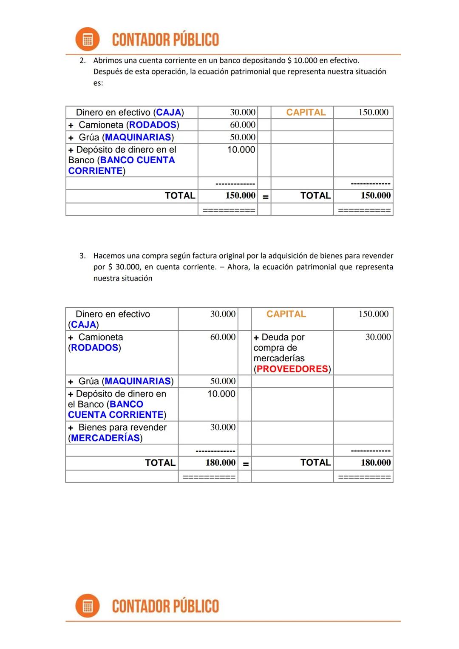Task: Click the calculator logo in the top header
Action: pyautogui.click(x=88, y=40)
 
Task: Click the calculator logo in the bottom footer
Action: pyautogui.click(x=88, y=606)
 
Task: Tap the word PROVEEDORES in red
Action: pyautogui.click(x=292, y=369)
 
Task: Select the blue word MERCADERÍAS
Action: pyautogui.click(x=105, y=438)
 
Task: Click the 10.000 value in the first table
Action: pyautogui.click(x=241, y=150)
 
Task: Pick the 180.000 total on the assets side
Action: pyautogui.click(x=220, y=463)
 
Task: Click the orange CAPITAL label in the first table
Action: pyautogui.click(x=306, y=113)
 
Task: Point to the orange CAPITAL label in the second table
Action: pyautogui.click(x=286, y=314)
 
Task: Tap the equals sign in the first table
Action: pyautogui.click(x=265, y=197)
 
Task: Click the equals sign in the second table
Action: pyautogui.click(x=246, y=464)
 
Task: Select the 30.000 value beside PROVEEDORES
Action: pyautogui.click(x=378, y=337)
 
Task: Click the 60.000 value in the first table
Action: pyautogui.click(x=243, y=125)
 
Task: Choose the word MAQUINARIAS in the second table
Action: pyautogui.click(x=138, y=381)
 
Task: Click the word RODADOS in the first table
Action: pyautogui.click(x=153, y=125)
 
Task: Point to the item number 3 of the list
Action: pyautogui.click(x=82, y=256)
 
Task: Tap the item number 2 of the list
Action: pyautogui.click(x=82, y=61)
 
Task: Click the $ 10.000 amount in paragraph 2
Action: pyautogui.click(x=302, y=61)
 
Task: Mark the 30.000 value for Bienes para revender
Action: pyautogui.click(x=223, y=428)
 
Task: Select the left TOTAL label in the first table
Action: pyautogui.click(x=180, y=196)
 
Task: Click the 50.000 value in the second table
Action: pyautogui.click(x=223, y=381)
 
